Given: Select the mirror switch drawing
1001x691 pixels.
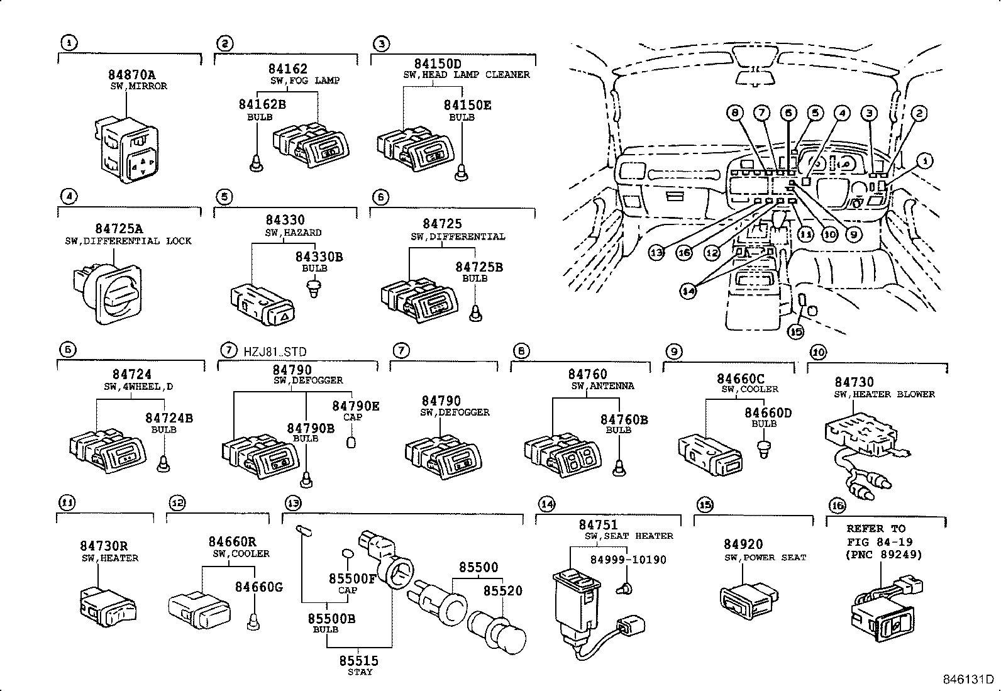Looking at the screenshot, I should coord(128,151).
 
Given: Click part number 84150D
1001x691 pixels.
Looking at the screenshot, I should coord(438,64).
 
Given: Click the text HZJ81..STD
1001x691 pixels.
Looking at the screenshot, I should coord(275,351).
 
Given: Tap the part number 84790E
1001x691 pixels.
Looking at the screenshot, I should coord(355,406).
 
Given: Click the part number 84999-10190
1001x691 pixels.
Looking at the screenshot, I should coord(628,559).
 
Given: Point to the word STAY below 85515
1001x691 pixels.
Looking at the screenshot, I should coord(360,672).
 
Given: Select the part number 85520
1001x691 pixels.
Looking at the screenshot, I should coord(502,590).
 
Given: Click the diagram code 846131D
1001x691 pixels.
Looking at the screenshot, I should coord(967,680).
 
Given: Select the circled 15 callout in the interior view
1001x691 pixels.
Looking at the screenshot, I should coord(795,330).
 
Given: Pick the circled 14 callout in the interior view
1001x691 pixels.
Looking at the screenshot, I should coord(689,291).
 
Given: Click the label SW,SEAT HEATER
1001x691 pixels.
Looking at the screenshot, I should coord(628,536).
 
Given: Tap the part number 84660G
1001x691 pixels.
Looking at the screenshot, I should coord(258,587).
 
